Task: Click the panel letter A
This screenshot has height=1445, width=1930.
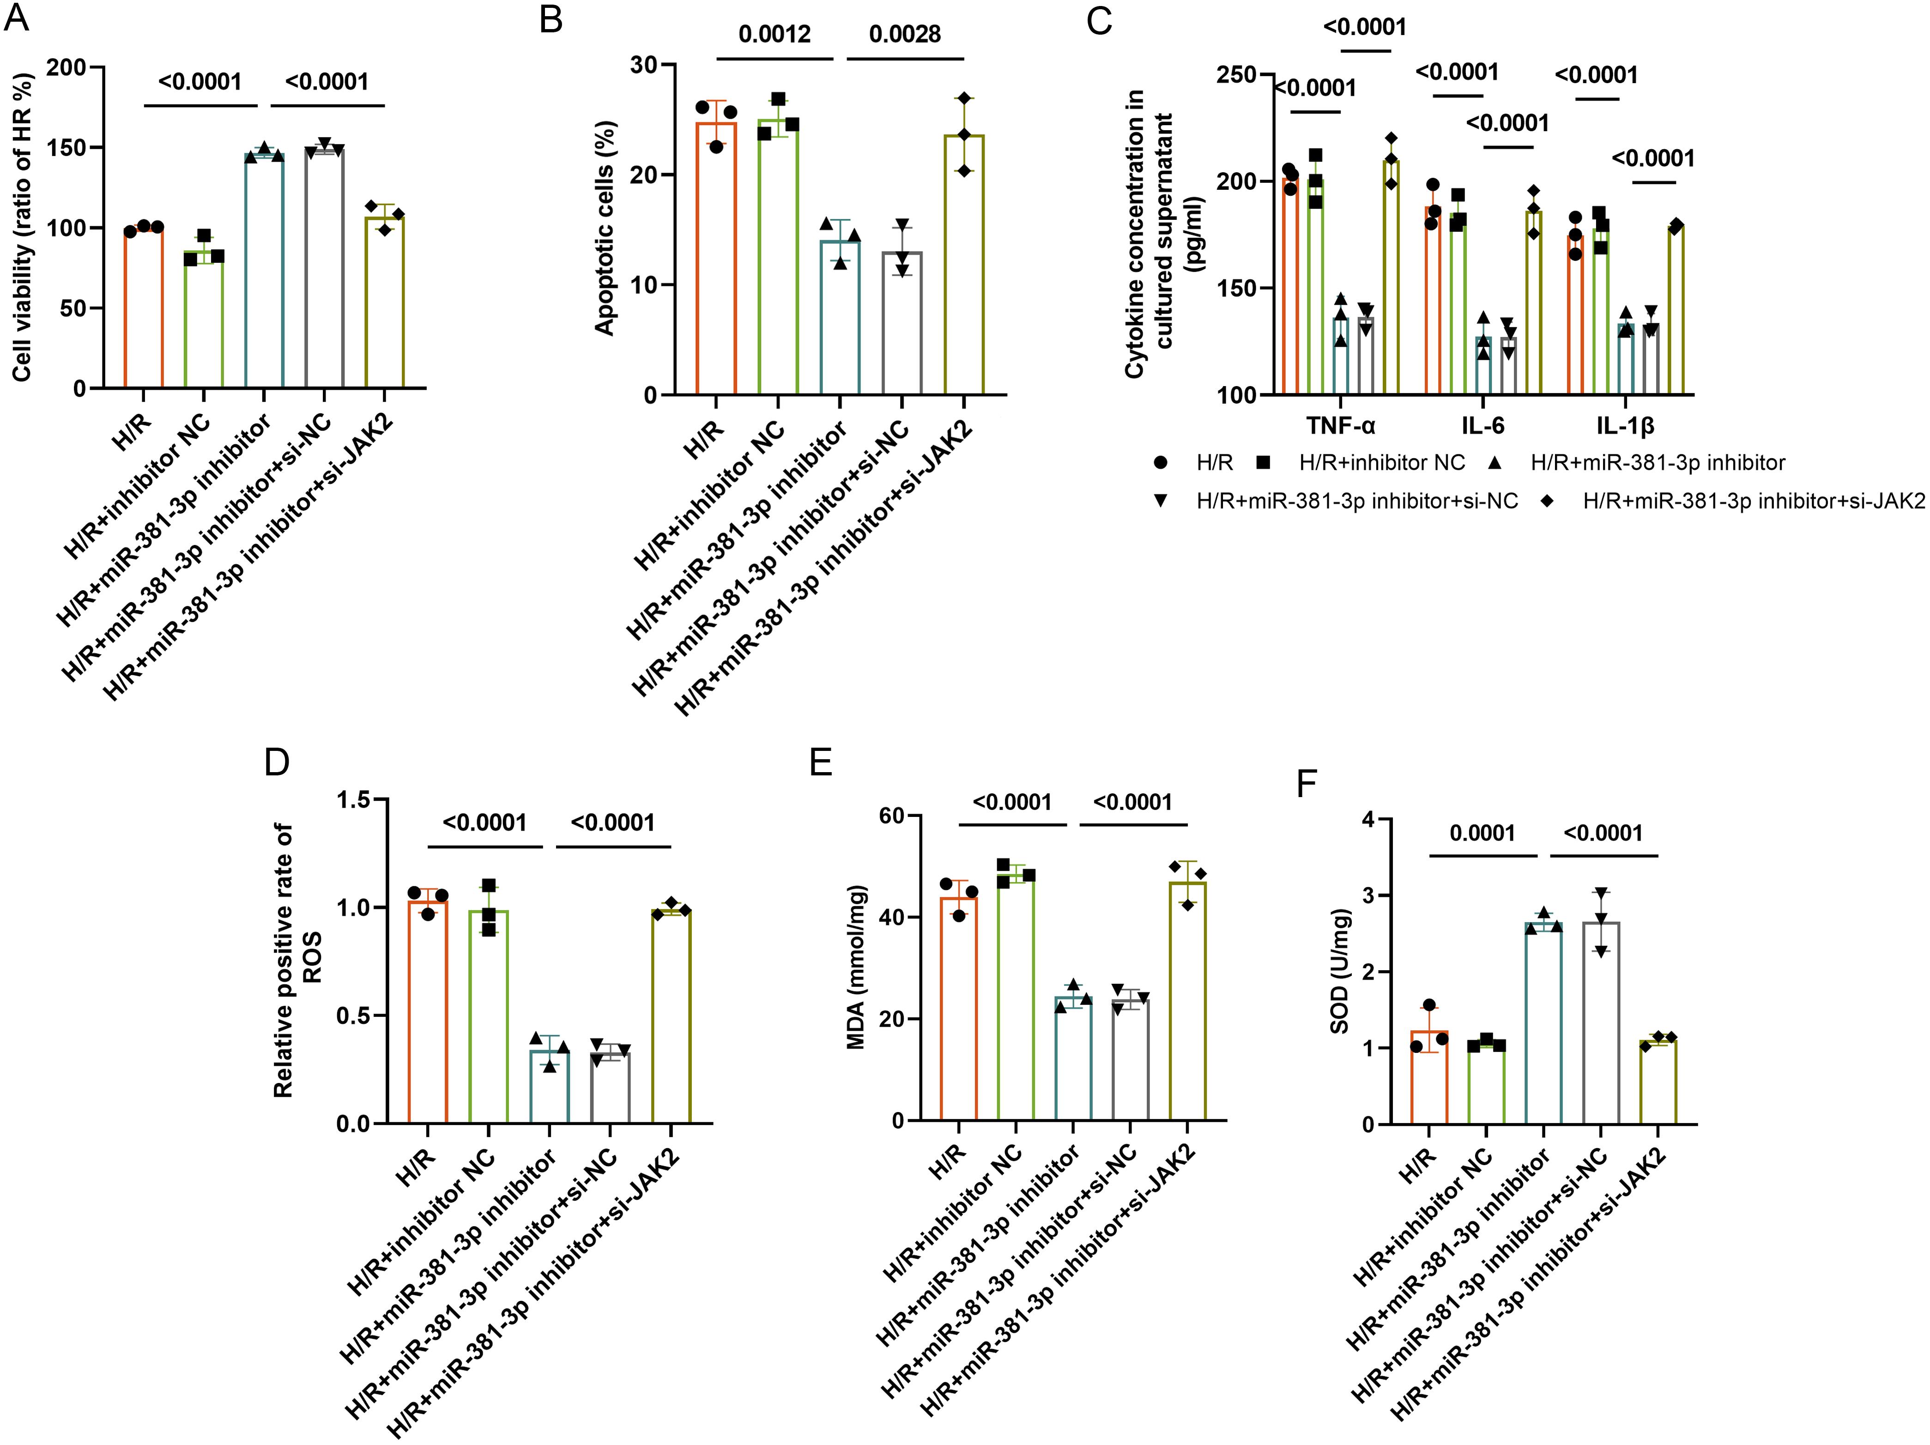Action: (x=18, y=18)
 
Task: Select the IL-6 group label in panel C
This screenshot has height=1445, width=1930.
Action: (x=1482, y=426)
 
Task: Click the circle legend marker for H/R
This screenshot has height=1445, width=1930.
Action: (x=1161, y=462)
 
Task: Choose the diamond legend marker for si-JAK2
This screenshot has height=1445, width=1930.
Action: (x=1545, y=501)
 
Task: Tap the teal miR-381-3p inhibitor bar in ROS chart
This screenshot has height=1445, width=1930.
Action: (x=550, y=1086)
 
